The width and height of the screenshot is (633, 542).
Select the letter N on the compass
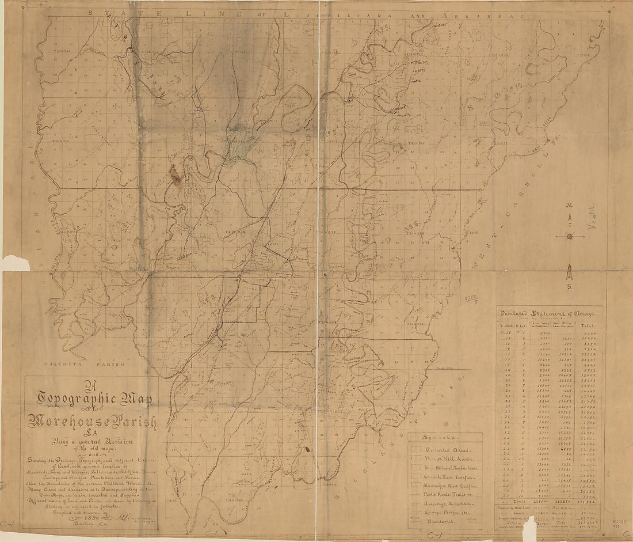point(569,207)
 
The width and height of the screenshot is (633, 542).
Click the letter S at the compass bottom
point(569,287)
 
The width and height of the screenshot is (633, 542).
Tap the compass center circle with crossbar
point(569,236)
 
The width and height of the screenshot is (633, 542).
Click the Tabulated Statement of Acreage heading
point(550,313)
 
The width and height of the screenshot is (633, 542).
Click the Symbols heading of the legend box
point(433,438)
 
